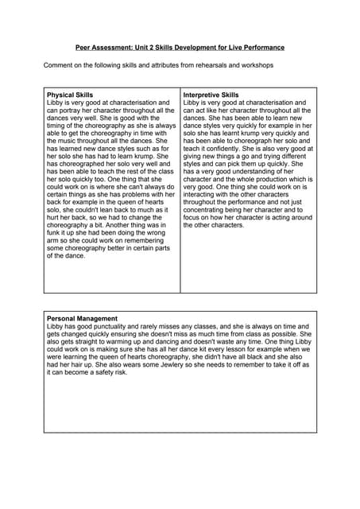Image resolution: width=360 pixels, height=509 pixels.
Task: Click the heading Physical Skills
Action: (70, 95)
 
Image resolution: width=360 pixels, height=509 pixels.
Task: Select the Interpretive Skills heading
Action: (211, 95)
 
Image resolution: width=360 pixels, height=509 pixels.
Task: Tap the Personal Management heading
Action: (83, 318)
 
